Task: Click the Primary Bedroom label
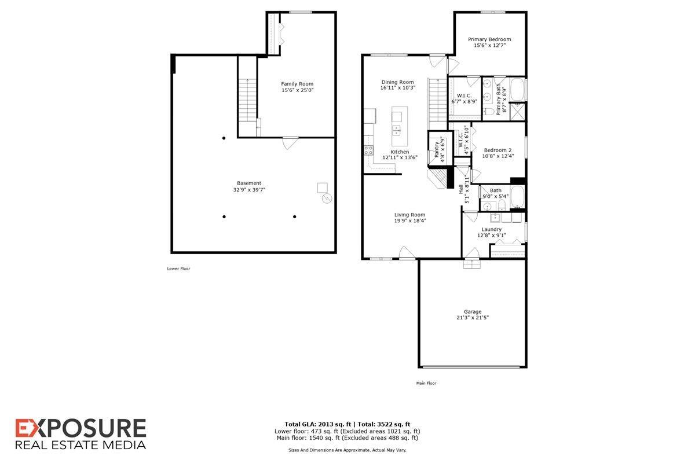click(489, 39)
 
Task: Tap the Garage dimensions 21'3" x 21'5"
click(473, 317)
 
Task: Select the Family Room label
click(297, 84)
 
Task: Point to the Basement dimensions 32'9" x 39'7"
click(249, 189)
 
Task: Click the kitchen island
click(397, 127)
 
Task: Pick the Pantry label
click(437, 146)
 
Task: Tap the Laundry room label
click(492, 229)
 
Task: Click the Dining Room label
click(397, 82)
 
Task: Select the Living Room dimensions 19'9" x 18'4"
click(410, 221)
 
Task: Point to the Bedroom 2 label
click(498, 150)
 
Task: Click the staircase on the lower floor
click(247, 98)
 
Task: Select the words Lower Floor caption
click(178, 269)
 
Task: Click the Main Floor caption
click(426, 383)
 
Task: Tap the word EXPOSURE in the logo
click(81, 429)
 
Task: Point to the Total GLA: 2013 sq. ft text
click(317, 424)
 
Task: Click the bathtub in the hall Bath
click(518, 198)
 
